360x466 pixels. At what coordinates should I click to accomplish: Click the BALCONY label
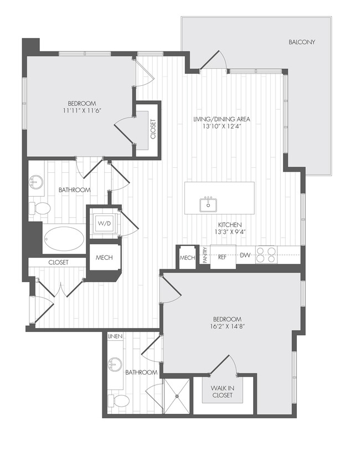point(301,42)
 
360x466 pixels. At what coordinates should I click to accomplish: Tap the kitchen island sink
point(209,204)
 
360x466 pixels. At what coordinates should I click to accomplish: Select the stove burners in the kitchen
point(266,254)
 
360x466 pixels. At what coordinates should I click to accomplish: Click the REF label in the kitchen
point(222,257)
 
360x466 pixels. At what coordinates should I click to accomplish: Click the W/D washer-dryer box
point(104,223)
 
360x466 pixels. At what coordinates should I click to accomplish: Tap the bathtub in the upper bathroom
point(64,239)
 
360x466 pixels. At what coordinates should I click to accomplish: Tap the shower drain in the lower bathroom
point(177,396)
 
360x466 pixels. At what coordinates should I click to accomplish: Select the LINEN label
point(115,336)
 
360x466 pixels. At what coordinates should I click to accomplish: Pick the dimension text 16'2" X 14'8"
point(228,327)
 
